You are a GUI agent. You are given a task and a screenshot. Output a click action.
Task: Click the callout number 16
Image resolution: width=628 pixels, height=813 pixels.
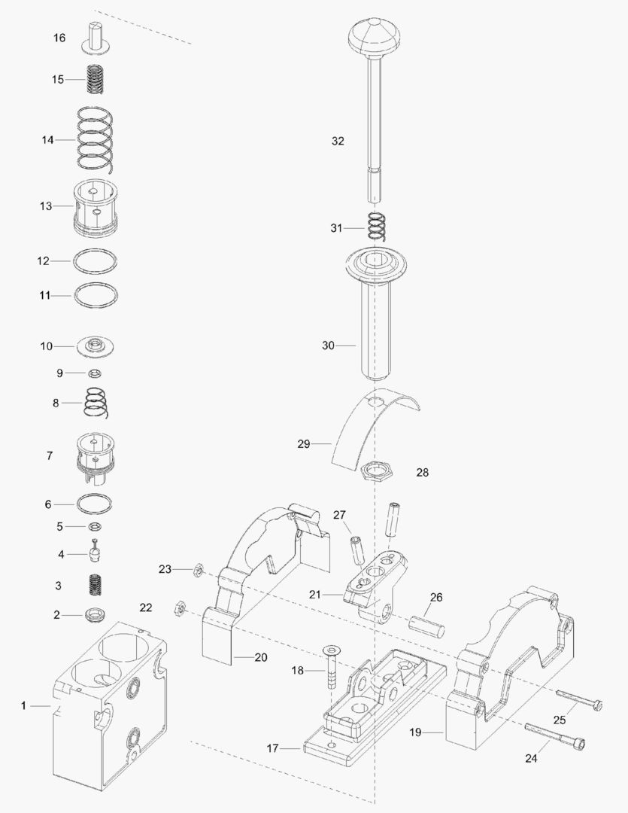click(59, 38)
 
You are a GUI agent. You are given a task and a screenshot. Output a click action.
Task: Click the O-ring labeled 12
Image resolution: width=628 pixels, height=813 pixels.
click(96, 260)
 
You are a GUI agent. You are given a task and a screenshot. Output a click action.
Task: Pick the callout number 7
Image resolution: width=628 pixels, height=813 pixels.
click(50, 455)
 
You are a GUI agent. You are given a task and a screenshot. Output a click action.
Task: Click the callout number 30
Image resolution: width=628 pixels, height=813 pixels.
click(328, 346)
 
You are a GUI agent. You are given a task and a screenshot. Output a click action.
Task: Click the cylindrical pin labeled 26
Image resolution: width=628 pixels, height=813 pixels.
click(427, 624)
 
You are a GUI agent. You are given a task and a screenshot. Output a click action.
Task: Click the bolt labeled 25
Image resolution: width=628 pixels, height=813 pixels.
click(579, 699)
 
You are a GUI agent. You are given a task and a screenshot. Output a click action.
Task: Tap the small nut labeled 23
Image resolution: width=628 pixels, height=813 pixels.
click(195, 571)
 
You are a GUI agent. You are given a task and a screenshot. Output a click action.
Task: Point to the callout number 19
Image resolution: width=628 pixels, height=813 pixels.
click(414, 731)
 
